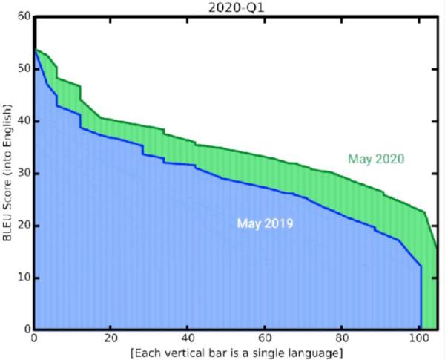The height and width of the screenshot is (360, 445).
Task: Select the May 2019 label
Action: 265,223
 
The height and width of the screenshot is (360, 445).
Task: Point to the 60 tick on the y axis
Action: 24,17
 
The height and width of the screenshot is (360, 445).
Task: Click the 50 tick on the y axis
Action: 24,69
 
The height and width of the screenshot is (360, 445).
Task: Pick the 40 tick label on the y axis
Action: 24,121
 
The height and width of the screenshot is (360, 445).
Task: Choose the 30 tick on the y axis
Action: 24,173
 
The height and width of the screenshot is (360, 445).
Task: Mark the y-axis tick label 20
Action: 24,226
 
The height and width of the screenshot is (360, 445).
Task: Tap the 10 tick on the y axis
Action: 24,278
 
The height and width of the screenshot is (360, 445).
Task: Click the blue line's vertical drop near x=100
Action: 421,297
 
